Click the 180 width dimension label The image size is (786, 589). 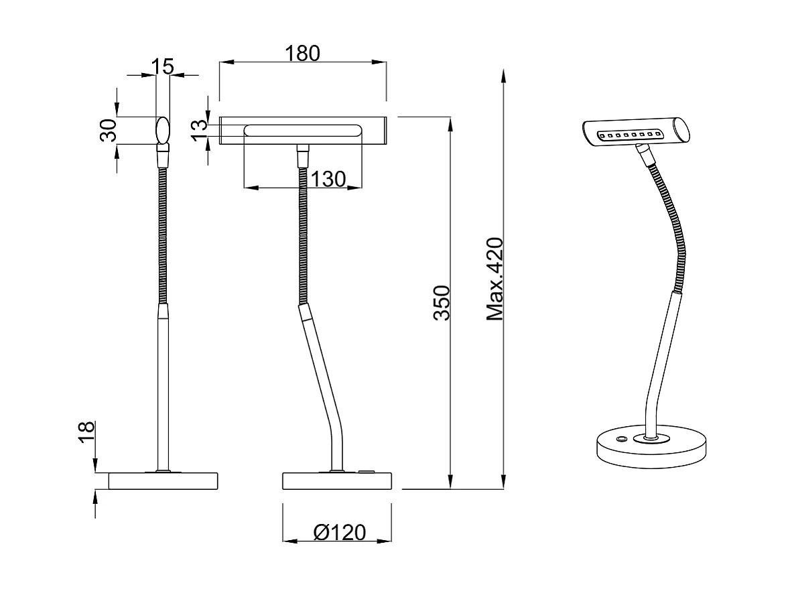(302, 53)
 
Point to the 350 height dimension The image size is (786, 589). (442, 302)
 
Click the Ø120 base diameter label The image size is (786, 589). (340, 533)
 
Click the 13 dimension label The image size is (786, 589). (198, 130)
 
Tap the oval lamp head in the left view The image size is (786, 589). (162, 129)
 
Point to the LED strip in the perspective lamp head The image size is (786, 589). (630, 135)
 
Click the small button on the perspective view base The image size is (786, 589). (623, 439)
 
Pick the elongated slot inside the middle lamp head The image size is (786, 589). (303, 130)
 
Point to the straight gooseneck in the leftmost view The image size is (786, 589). (162, 235)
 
